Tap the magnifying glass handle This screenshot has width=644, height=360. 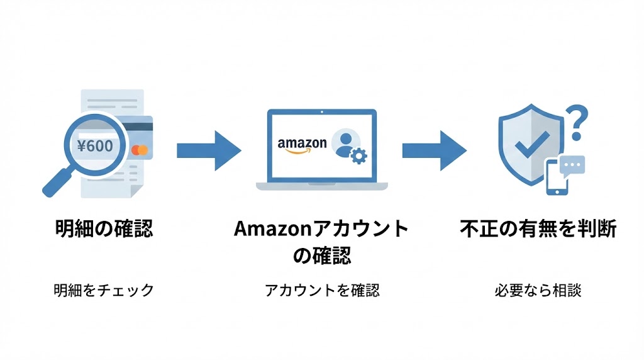click(56, 183)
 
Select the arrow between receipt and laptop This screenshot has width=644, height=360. click(208, 150)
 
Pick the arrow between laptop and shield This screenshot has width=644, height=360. click(434, 150)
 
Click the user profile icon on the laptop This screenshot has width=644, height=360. click(344, 142)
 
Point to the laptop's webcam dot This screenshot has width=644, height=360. click(321, 113)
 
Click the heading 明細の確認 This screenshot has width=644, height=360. click(103, 228)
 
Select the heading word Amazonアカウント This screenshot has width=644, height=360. click(321, 228)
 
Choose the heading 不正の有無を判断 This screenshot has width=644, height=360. click(538, 228)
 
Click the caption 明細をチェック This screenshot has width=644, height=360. click(103, 290)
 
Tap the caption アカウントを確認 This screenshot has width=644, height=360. click(321, 290)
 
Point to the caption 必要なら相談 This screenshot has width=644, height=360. click(538, 290)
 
